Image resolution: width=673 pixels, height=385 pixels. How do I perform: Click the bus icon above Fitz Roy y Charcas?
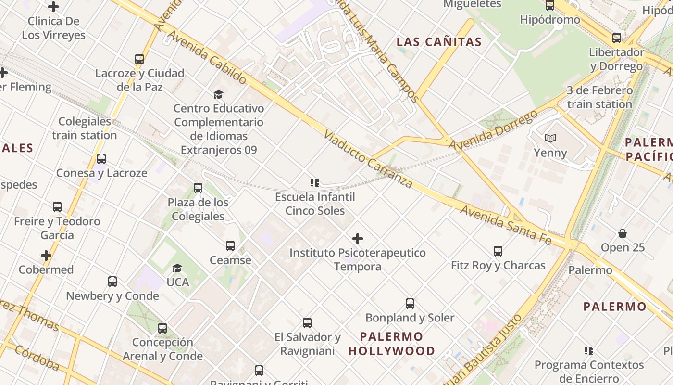pos(498,251)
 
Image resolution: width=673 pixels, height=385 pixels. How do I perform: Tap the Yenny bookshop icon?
pos(550,139)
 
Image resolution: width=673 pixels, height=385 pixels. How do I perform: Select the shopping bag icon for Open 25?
pos(623,233)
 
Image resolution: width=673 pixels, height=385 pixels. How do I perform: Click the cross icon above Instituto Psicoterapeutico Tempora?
pos(358,239)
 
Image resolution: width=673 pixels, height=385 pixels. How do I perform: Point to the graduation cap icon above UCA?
pos(177,268)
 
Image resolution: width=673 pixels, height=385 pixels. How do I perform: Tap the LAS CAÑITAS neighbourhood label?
pos(439,42)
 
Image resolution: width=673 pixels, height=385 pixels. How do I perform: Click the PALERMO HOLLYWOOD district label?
pos(392,344)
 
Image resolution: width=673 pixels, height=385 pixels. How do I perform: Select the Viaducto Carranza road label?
pos(368,159)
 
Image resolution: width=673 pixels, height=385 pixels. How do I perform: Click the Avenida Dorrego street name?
pos(493,130)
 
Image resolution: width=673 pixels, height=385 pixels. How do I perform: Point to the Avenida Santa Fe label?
pos(505,224)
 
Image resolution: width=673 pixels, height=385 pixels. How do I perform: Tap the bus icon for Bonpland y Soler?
pos(410,304)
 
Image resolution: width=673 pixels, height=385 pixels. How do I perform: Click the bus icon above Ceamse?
pos(230,246)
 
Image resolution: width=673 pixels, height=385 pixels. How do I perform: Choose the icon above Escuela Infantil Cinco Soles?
pos(315,183)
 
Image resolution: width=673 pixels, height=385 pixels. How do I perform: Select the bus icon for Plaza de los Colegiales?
pos(198,188)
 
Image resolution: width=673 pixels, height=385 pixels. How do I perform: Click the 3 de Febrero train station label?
pos(599,97)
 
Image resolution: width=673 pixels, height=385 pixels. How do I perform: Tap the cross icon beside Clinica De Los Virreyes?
pos(53,7)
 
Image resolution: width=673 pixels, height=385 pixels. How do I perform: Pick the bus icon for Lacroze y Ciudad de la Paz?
pos(139,59)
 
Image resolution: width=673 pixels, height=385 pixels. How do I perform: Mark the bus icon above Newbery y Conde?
pos(112,282)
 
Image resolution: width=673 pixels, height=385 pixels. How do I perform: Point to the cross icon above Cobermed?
pos(46,256)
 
